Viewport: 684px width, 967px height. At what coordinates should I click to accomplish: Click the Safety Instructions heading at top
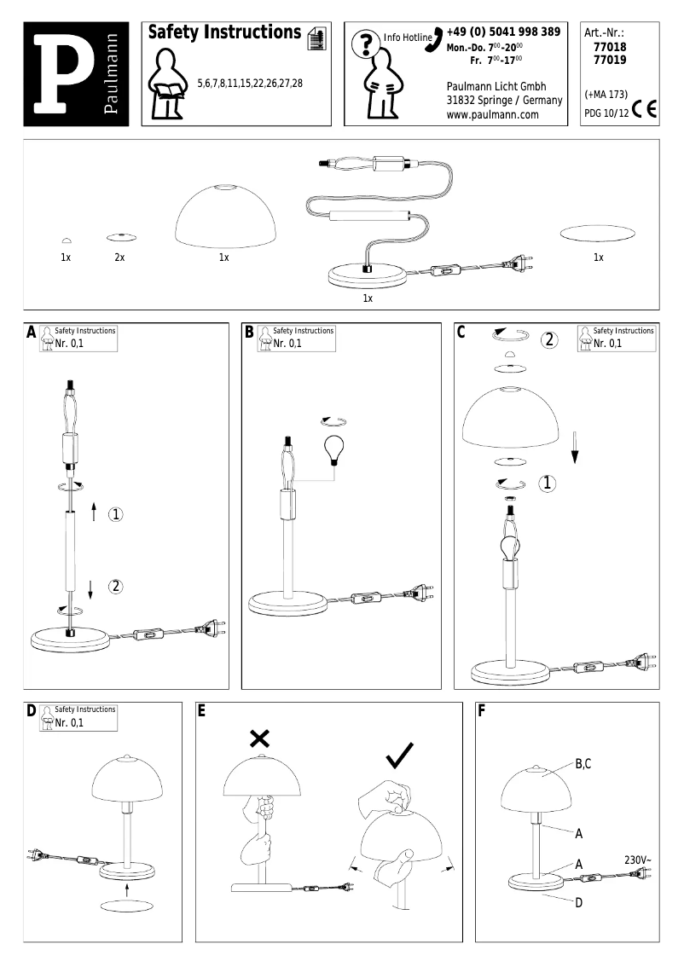tap(223, 32)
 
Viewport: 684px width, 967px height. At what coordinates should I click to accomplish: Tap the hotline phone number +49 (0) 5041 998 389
tap(503, 32)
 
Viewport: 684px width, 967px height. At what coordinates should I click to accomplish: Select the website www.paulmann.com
tap(492, 115)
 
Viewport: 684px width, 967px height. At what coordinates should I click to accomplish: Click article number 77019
tap(606, 61)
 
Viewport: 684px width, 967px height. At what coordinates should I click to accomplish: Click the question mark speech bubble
tap(366, 42)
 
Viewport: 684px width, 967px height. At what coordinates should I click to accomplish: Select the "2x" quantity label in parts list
tap(119, 257)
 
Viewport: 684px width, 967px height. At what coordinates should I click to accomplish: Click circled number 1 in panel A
tap(116, 513)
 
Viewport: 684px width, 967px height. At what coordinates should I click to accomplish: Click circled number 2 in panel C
tap(550, 339)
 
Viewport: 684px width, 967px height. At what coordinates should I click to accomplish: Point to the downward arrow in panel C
tap(576, 444)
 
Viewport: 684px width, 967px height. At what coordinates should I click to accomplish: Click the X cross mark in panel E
tap(259, 738)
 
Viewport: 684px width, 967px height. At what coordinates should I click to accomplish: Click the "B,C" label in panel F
tap(583, 764)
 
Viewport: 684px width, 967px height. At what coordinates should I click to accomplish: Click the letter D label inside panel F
tap(578, 903)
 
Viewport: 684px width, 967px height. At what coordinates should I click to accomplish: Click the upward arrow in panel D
tap(126, 889)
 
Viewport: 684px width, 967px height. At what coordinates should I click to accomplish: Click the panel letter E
tap(202, 709)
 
